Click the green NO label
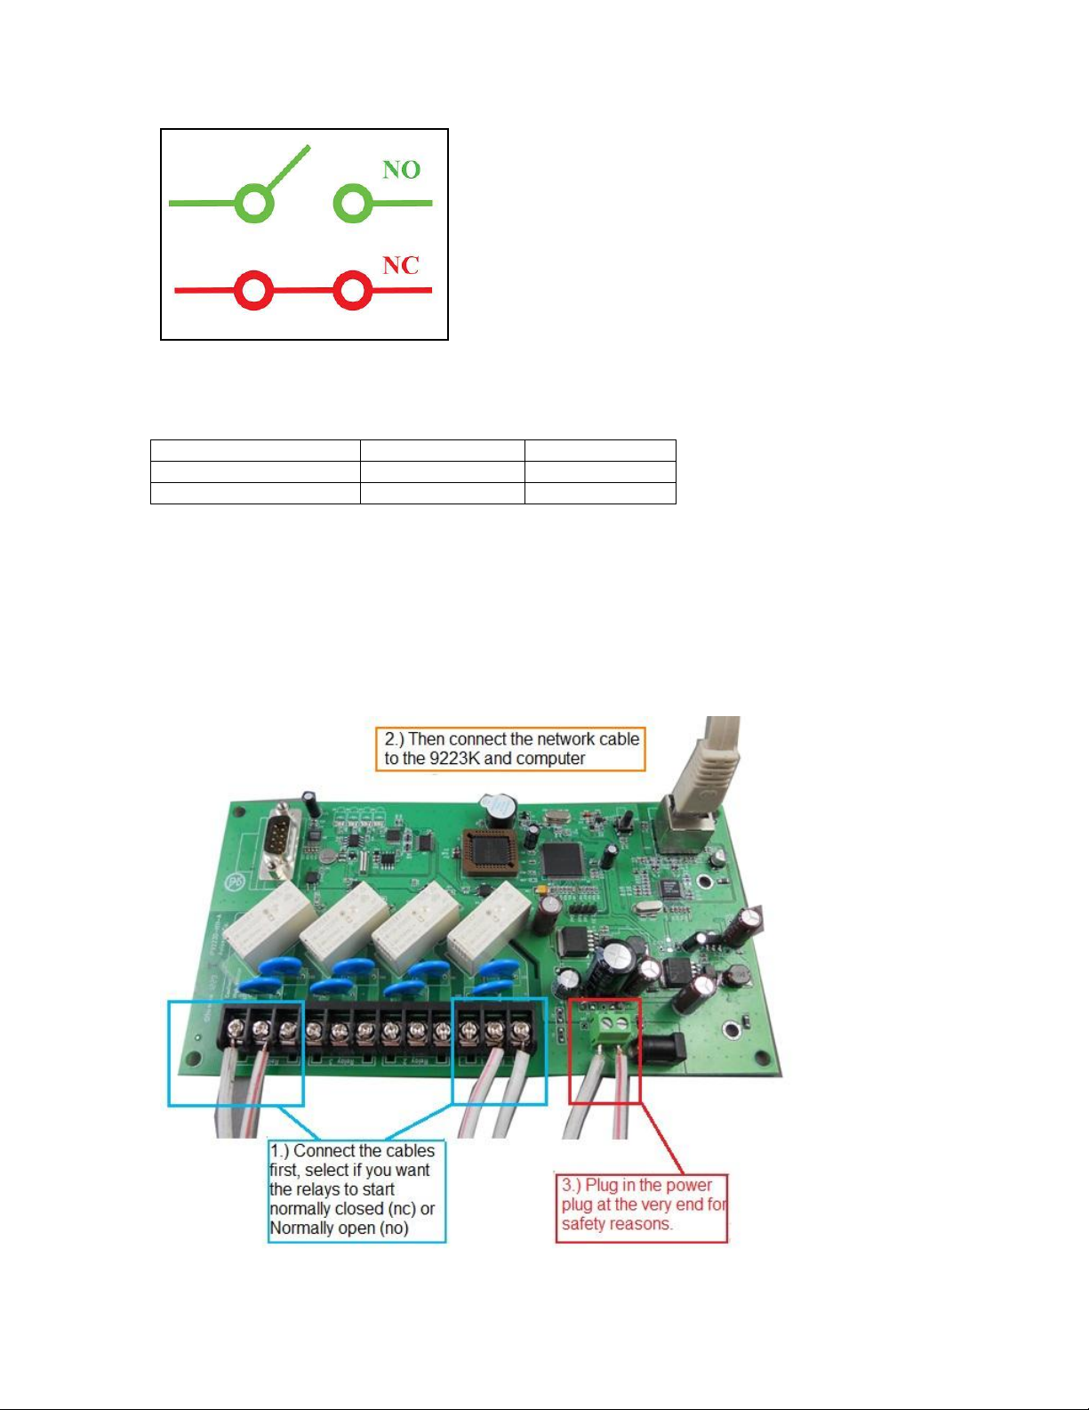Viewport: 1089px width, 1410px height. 401,170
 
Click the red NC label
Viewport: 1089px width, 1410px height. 401,265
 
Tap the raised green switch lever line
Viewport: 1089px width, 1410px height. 288,168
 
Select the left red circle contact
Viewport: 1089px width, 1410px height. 252,290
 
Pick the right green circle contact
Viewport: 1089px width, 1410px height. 353,203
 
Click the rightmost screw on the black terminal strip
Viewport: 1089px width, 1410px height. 521,1029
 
